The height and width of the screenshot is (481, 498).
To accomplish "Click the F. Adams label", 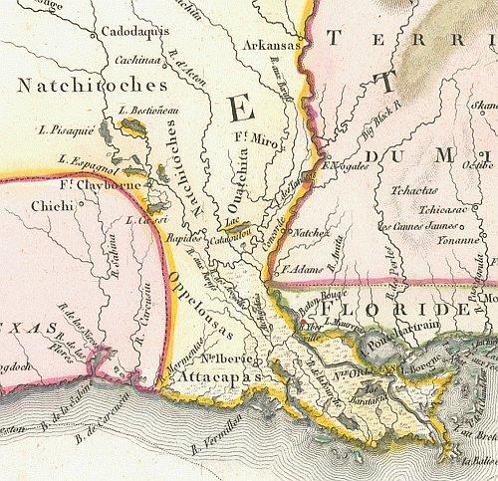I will tap(304, 268).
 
